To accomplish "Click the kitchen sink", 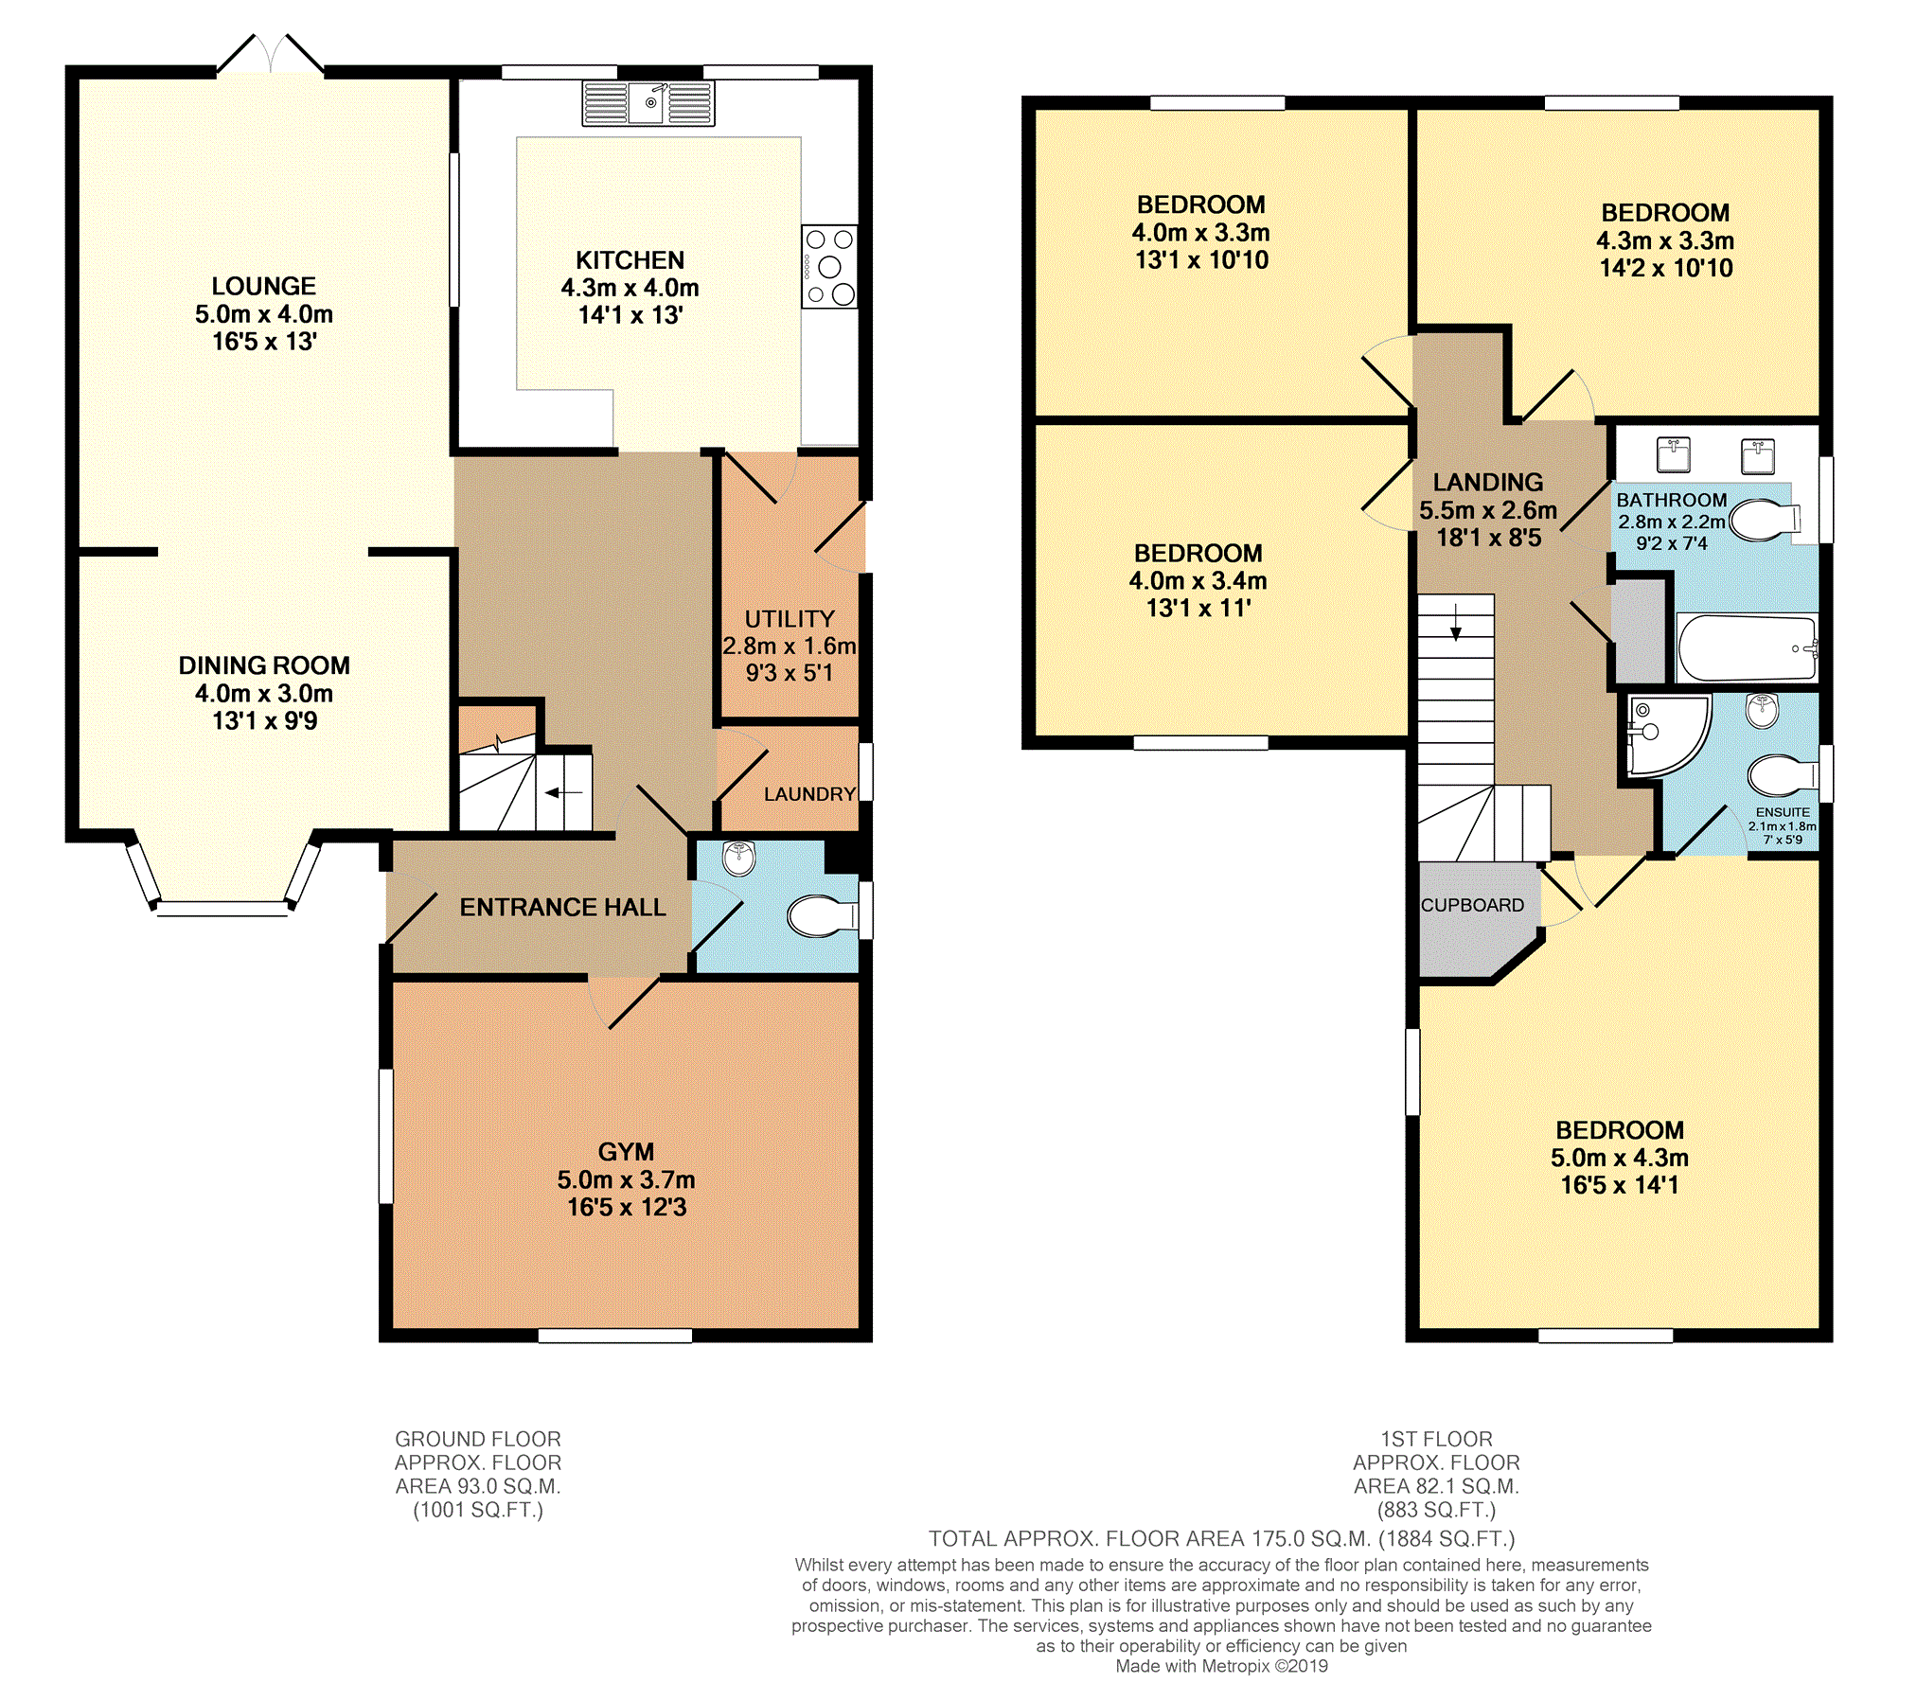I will coord(648,103).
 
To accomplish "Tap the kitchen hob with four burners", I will coord(829,266).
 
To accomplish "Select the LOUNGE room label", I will coord(263,286).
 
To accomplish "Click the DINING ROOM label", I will coord(264,665).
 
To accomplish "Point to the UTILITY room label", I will coord(790,619).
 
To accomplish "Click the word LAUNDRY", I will coord(809,794).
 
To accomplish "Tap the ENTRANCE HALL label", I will coord(562,907).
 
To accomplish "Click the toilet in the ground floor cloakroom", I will coord(820,915).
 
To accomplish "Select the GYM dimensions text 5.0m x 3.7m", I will coord(626,1179).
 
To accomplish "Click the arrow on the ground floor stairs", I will coord(564,792).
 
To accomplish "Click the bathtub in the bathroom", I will coord(1746,648).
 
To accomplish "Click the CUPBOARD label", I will coord(1472,905).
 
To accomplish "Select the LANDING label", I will coord(1488,483).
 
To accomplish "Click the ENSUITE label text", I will coord(1783,812).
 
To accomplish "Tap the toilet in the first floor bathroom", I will coord(1763,519).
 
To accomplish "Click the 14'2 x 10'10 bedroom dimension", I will coord(1666,268).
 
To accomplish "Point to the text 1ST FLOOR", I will coord(1436,1439).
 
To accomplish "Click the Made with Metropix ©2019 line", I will coord(1221,1666).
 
